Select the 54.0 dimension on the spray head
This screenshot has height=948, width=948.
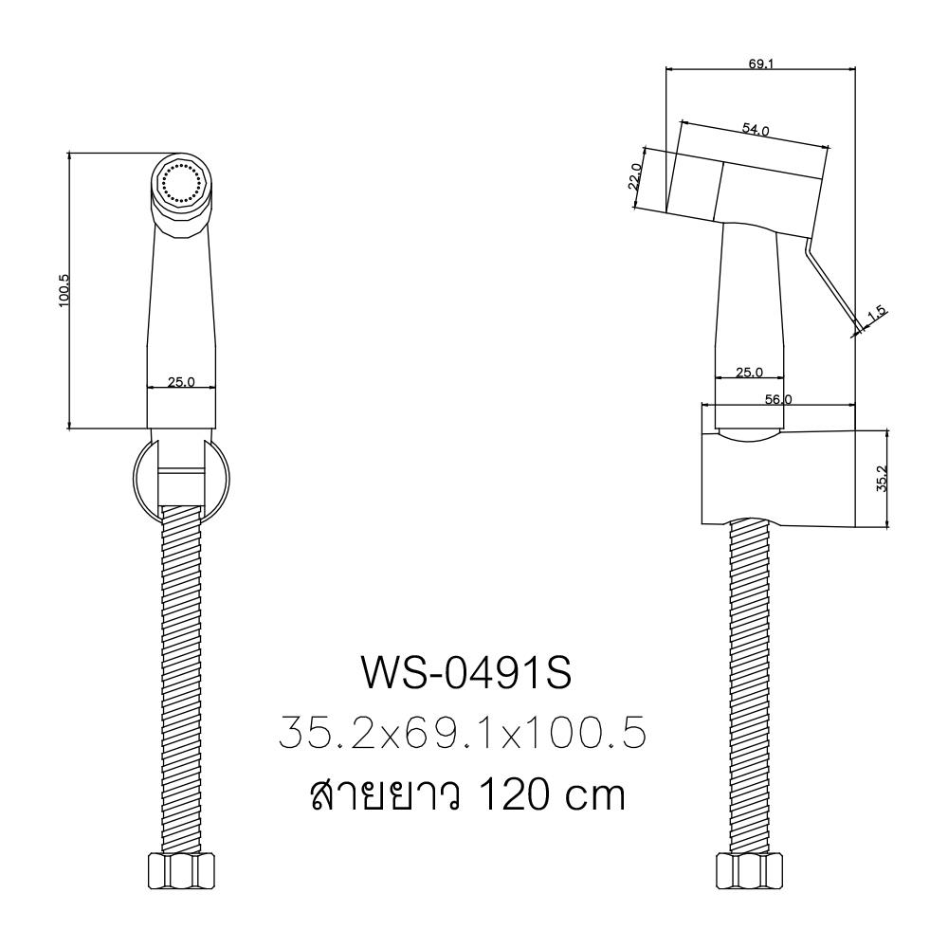pyautogui.click(x=755, y=130)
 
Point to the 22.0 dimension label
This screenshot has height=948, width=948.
pyautogui.click(x=636, y=177)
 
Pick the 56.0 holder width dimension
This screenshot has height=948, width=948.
pyautogui.click(x=778, y=400)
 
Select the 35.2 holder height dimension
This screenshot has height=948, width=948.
pyautogui.click(x=881, y=478)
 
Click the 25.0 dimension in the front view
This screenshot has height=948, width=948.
pyautogui.click(x=181, y=382)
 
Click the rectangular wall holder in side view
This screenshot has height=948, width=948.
pyautogui.click(x=777, y=478)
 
